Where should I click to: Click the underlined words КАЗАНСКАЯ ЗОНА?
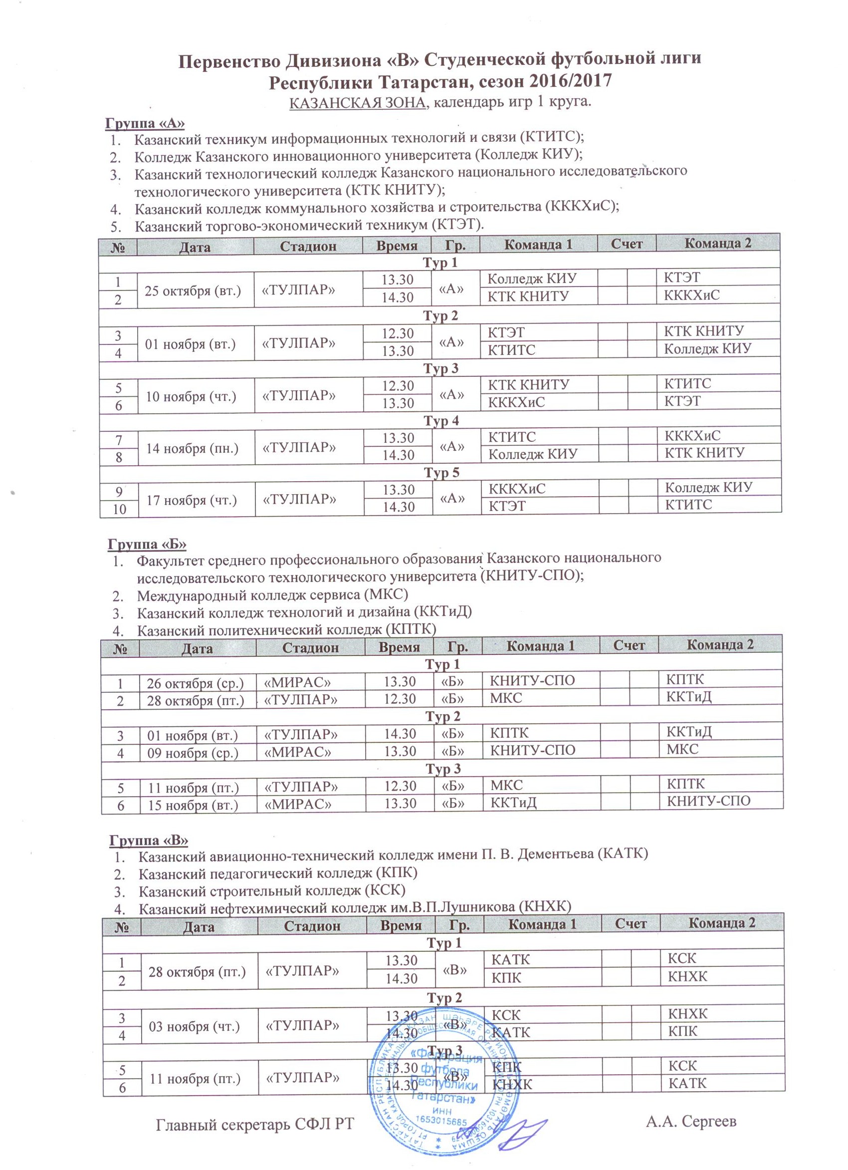(357, 102)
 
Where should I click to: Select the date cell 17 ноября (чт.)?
(192, 499)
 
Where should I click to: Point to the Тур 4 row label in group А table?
(441, 421)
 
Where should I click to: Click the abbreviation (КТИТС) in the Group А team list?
(551, 138)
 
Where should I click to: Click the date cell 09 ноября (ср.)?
(193, 753)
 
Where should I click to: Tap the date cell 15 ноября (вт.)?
(193, 805)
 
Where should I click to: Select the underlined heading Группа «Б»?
(147, 544)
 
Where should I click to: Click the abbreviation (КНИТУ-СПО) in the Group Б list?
(531, 576)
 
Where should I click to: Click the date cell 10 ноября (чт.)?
(191, 396)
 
